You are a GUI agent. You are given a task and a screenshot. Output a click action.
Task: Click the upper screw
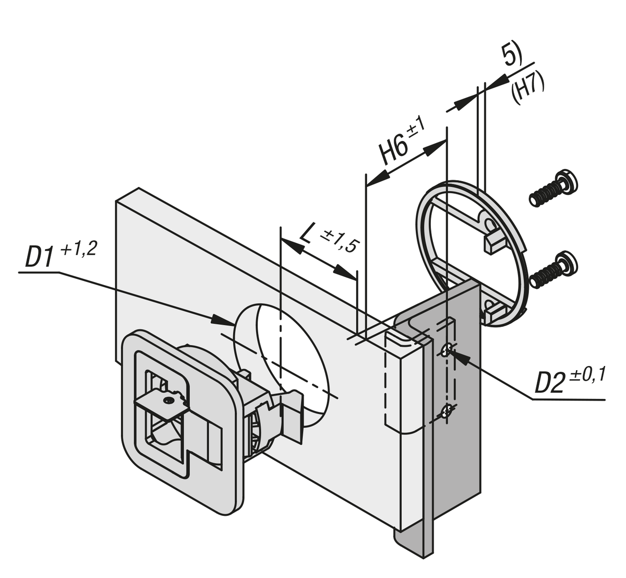pyautogui.click(x=553, y=189)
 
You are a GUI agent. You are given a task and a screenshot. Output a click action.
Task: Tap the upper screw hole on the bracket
pyautogui.click(x=446, y=350)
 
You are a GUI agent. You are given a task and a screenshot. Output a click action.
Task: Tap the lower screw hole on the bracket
pyautogui.click(x=444, y=412)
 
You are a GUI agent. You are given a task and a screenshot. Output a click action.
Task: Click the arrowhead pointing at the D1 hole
pyautogui.click(x=222, y=320)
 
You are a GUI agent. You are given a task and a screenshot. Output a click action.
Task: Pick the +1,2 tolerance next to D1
pyautogui.click(x=78, y=249)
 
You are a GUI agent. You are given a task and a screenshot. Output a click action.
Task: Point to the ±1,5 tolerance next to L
pyautogui.click(x=339, y=241)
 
